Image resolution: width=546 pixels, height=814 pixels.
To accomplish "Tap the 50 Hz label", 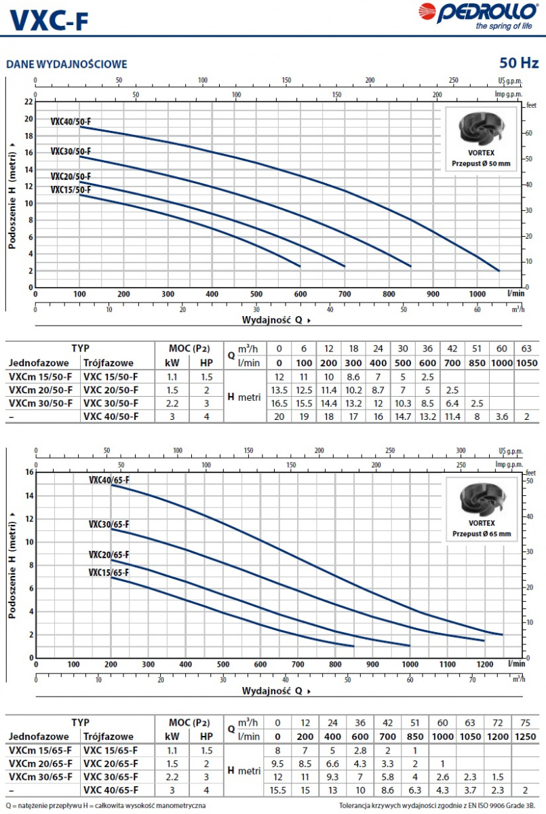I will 519,63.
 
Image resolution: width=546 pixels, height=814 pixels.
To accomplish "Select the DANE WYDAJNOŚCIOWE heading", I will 66,64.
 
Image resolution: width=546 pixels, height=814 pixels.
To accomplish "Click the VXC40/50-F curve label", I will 71,122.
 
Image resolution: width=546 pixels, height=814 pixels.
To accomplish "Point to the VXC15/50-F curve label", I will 71,190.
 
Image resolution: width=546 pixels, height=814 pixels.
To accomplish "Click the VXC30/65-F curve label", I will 109,524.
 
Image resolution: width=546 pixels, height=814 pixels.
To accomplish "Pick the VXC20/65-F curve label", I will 109,554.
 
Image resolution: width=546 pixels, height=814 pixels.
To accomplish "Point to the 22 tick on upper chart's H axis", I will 28,102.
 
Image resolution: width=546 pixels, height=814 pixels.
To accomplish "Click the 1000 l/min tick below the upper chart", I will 477,294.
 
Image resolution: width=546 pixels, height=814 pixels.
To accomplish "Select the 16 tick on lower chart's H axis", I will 28,471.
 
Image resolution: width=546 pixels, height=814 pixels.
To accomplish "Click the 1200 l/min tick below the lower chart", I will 484,664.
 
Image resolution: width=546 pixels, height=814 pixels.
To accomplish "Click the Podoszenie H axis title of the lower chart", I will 13,564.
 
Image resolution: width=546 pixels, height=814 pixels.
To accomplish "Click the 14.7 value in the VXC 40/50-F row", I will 403,416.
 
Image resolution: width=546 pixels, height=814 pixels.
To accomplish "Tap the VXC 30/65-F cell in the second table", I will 110,776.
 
